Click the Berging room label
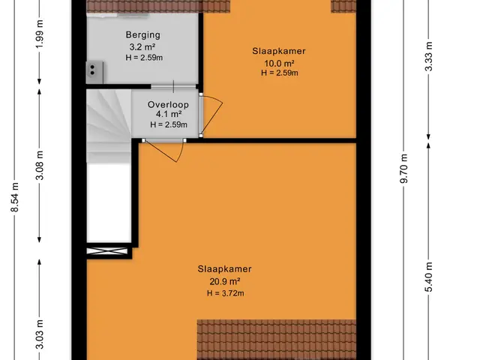tap(143, 35)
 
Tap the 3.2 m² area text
tap(142, 46)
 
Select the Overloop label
tap(168, 105)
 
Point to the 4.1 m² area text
tap(169, 114)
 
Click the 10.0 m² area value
tap(279, 63)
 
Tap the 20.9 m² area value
tap(225, 281)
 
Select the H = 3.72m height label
tap(225, 293)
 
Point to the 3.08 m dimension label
tap(40, 165)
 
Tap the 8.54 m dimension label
tap(15, 197)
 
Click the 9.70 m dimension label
tap(404, 168)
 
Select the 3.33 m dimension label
tap(429, 56)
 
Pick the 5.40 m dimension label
tap(429, 277)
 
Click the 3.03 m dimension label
tap(40, 334)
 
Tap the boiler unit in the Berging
tap(94, 72)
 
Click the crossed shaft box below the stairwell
tap(107, 251)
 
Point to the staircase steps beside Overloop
tap(109, 126)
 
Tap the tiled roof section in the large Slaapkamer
tap(277, 339)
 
